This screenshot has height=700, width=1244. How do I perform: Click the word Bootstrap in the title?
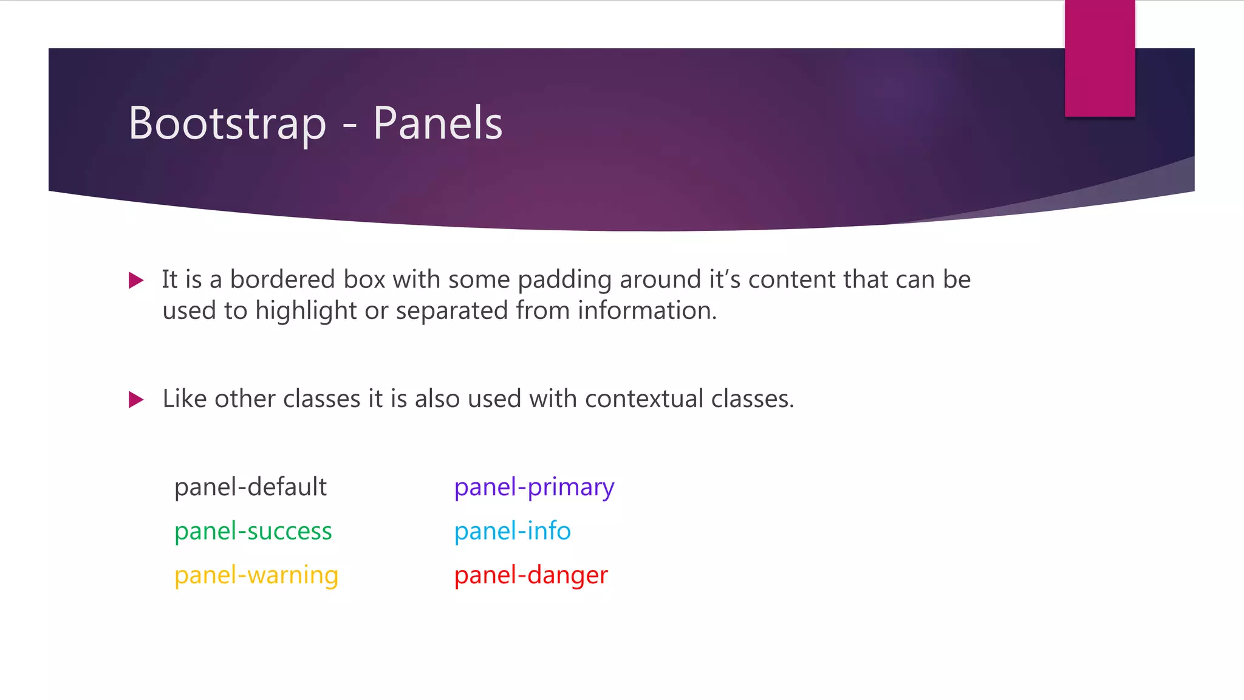[227, 123]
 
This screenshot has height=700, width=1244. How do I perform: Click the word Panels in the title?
[437, 123]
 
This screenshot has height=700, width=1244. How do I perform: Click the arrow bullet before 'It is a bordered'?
[136, 280]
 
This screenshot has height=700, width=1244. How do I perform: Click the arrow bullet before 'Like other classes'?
[136, 400]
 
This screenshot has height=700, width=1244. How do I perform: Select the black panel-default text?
[250, 487]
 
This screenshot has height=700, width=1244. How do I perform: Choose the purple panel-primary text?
[534, 487]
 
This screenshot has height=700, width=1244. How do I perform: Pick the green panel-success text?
[253, 531]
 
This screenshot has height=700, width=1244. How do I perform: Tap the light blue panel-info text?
[512, 531]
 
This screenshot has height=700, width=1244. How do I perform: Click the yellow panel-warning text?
[256, 575]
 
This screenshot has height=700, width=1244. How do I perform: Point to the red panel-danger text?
[531, 575]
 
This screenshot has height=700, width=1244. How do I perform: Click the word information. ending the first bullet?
[647, 311]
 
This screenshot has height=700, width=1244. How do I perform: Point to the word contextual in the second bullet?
[644, 399]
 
